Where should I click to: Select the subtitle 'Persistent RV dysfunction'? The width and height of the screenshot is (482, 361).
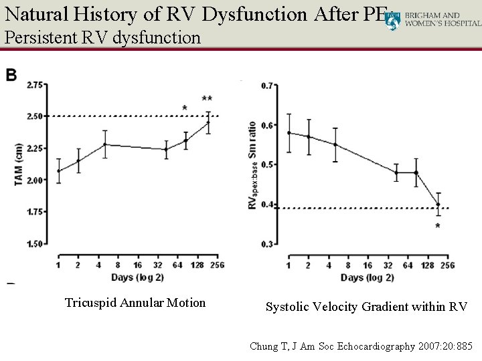tap(102, 37)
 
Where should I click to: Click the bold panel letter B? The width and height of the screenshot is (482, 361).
tap(12, 76)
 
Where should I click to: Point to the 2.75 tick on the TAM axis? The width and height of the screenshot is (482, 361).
tap(35, 85)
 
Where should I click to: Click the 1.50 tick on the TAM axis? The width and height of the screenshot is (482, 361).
tap(35, 244)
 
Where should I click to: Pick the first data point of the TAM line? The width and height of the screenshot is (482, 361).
tap(58, 171)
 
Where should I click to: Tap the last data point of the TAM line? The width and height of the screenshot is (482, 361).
tap(208, 122)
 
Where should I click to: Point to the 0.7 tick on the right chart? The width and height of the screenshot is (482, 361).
tap(268, 86)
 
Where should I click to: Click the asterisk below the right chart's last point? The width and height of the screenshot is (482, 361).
tap(438, 226)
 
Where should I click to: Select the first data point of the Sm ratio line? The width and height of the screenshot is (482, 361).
tap(289, 132)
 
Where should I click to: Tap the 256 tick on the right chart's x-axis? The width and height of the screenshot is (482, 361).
tap(447, 265)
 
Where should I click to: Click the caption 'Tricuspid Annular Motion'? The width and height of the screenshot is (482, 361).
tap(135, 303)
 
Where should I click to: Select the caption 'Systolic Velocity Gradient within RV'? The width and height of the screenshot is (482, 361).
tap(366, 307)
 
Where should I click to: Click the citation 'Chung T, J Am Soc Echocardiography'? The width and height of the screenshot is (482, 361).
tap(361, 346)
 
